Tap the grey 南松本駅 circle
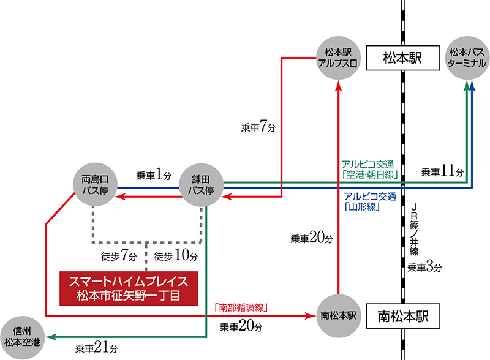point(338,317)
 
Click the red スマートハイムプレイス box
point(129,288)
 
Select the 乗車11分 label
point(442,172)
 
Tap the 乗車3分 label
point(424,267)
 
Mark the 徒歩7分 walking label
point(116,254)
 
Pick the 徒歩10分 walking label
point(176,254)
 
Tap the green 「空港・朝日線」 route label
point(371,171)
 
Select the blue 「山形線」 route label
point(369,201)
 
